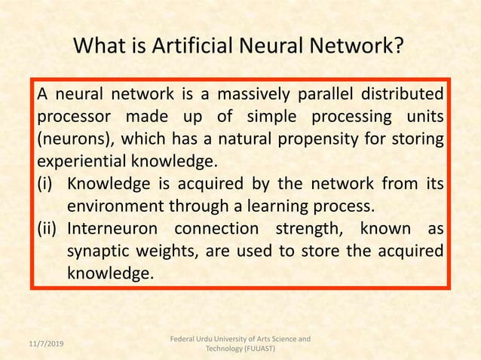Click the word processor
73,118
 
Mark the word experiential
81,162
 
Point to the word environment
118,206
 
